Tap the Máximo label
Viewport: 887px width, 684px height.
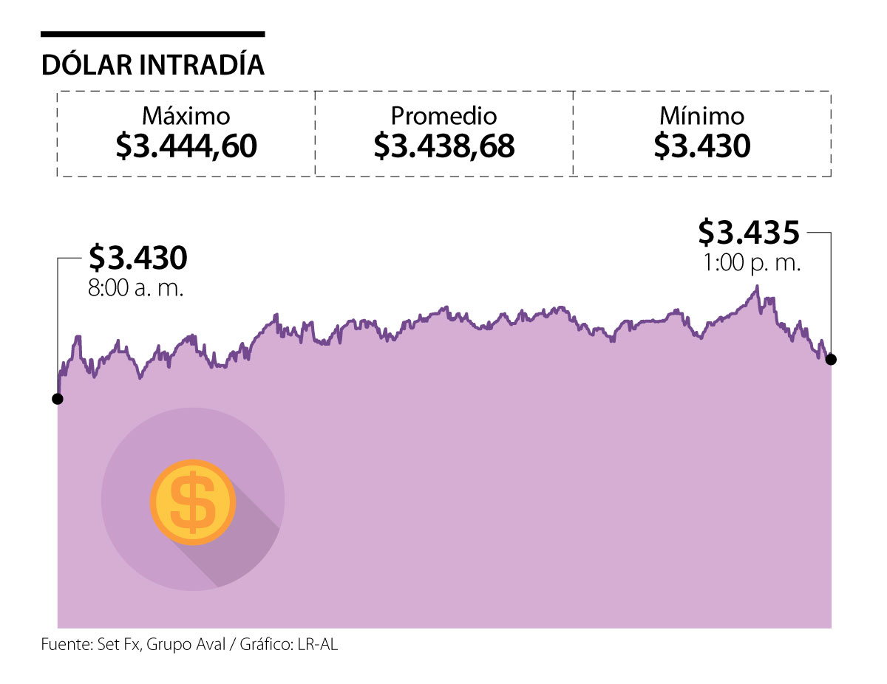(186, 116)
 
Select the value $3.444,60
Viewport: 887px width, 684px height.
(186, 146)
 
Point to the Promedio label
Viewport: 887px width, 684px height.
(443, 116)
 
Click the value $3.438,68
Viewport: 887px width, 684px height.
(443, 146)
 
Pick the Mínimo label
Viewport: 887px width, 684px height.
(701, 116)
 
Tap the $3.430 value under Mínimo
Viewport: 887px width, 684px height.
(701, 146)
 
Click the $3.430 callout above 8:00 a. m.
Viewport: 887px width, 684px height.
(137, 258)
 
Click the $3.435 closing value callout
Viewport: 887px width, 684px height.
(749, 233)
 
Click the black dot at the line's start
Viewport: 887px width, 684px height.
(58, 399)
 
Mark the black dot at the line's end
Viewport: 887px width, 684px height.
(831, 359)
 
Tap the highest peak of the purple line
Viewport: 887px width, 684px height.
(756, 287)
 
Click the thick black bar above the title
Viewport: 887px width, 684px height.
(153, 34)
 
